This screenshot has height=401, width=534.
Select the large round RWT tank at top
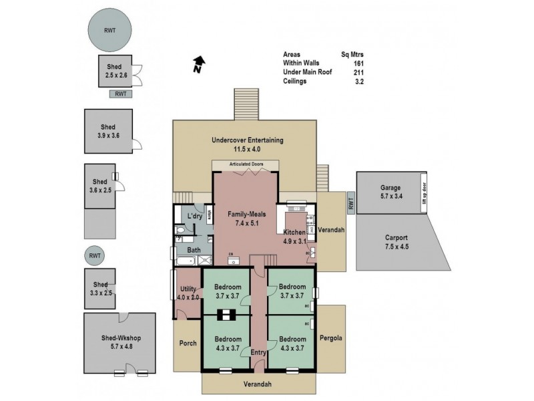click(109, 30)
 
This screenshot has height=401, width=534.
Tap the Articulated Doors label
click(246, 164)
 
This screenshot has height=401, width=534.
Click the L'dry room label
click(194, 217)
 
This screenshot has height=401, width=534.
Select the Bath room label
click(194, 251)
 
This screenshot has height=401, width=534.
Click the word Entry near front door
click(258, 352)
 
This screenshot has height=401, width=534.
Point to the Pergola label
click(332, 338)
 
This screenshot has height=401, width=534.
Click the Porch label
click(188, 344)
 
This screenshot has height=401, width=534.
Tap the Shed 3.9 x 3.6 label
click(108, 131)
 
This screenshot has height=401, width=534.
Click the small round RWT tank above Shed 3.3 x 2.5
click(95, 255)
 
